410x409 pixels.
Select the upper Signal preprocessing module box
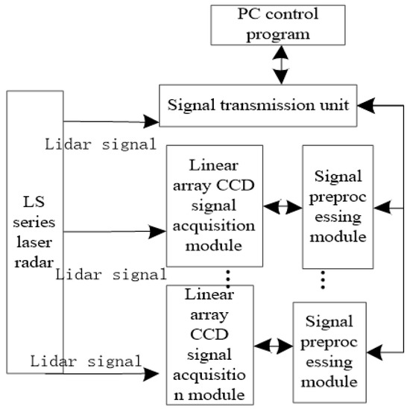(337, 206)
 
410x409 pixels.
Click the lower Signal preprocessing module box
(329, 347)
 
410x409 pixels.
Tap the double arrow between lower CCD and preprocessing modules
(273, 346)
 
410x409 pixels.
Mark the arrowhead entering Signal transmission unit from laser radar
(151, 119)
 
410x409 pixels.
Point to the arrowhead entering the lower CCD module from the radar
(154, 372)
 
